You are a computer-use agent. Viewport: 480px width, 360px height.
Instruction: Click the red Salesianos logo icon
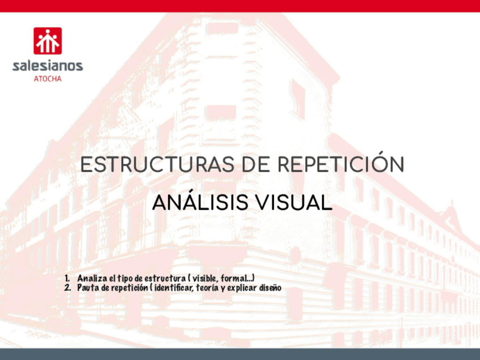(x=48, y=41)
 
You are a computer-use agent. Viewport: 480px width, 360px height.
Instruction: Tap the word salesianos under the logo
(x=48, y=66)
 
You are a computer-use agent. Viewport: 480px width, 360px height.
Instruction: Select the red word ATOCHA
(x=48, y=79)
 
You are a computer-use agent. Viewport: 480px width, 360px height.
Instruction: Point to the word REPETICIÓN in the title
(x=341, y=162)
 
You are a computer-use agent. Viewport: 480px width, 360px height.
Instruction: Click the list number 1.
(x=67, y=278)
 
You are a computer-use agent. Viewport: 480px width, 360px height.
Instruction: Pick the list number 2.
(x=67, y=288)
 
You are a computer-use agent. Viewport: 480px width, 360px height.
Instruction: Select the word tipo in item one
(x=126, y=278)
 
